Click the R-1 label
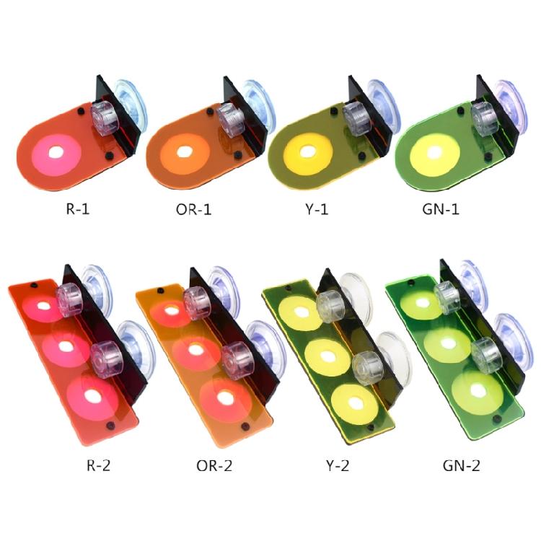point(78,209)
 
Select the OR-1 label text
point(193,209)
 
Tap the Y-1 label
point(317,209)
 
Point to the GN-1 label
point(441,209)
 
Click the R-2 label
point(98,465)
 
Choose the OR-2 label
point(214,465)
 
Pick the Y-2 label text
point(338,465)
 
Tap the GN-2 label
point(462,465)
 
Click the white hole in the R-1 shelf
point(56,152)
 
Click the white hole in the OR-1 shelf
point(185,151)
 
